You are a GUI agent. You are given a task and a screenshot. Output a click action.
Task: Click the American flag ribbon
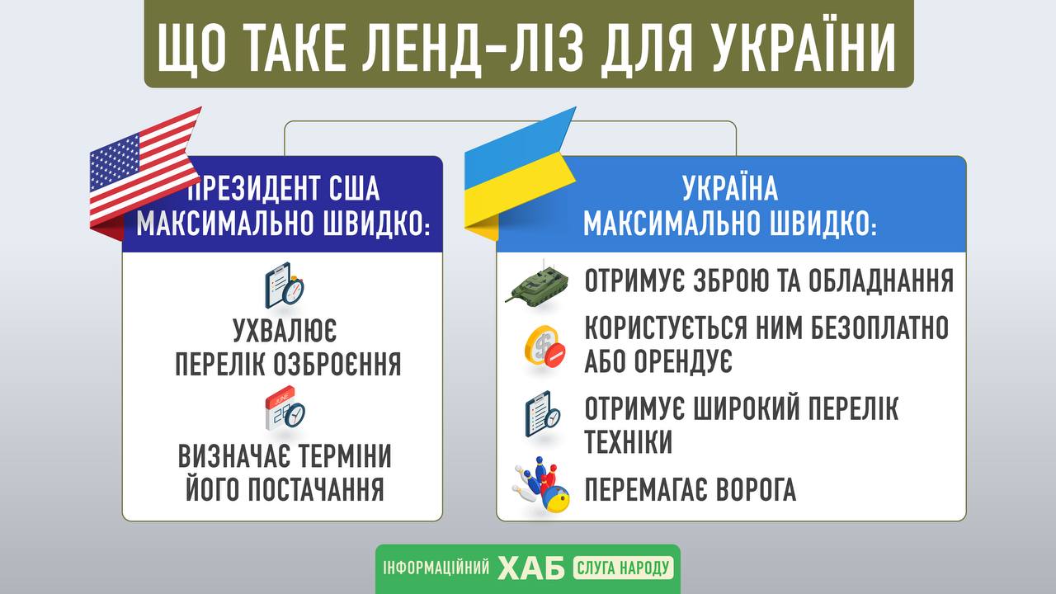click(x=144, y=174)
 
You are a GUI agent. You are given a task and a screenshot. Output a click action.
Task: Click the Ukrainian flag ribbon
click(x=519, y=174)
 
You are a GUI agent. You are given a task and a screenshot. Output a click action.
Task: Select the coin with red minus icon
click(x=545, y=346)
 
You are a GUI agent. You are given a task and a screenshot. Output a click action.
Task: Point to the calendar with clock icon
click(x=285, y=408)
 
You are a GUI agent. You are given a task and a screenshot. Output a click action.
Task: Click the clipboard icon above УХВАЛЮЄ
click(x=285, y=285)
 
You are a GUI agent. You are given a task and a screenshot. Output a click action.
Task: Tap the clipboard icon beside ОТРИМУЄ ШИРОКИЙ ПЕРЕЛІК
click(x=543, y=414)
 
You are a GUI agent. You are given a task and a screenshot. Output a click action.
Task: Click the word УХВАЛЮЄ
click(x=285, y=331)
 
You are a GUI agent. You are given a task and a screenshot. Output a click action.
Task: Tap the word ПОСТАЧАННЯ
click(x=316, y=489)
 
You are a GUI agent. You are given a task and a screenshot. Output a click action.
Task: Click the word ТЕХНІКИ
click(x=629, y=441)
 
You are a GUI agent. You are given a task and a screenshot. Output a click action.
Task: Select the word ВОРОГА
click(x=757, y=489)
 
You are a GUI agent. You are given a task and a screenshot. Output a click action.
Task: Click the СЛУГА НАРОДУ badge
click(x=623, y=568)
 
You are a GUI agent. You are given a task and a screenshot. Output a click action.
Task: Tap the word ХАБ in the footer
click(x=531, y=568)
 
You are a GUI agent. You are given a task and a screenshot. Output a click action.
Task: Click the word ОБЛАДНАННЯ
click(x=881, y=281)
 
